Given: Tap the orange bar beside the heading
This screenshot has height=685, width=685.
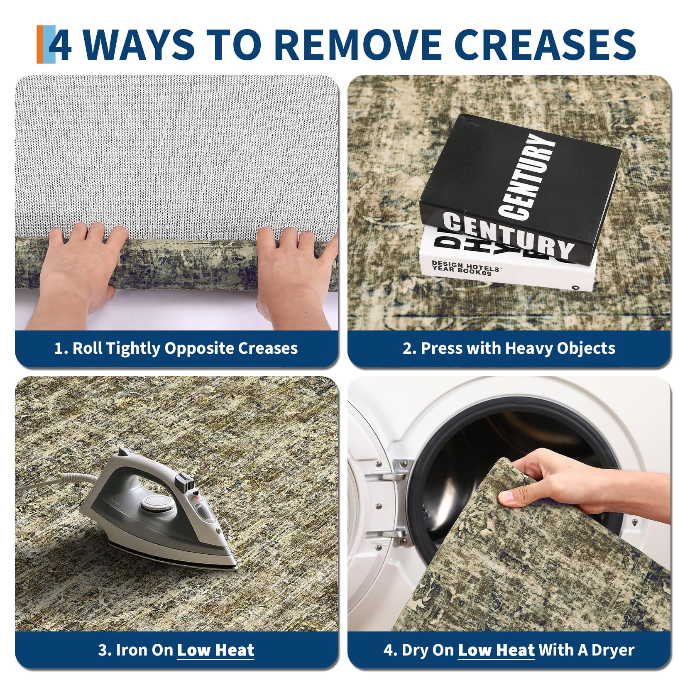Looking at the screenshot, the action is [x=40, y=44].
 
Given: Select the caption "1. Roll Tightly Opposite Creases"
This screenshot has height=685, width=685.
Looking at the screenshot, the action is [x=176, y=348].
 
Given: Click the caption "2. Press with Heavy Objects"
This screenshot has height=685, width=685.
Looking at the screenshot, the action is [x=509, y=348].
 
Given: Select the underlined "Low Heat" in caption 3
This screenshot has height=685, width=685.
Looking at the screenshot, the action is [x=215, y=650].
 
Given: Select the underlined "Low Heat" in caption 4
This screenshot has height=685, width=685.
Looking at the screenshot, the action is [x=497, y=650].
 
